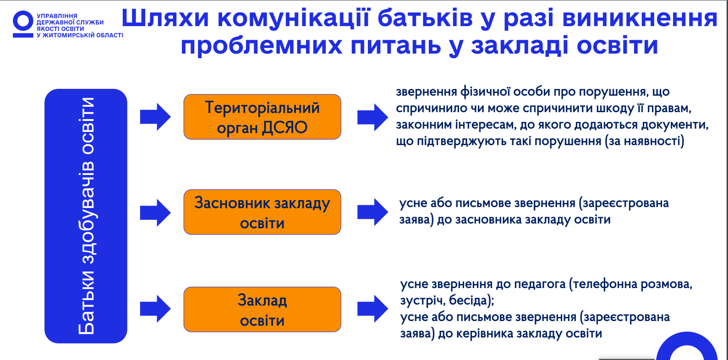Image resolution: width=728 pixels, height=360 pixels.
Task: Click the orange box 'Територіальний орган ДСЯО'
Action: click(x=262, y=117)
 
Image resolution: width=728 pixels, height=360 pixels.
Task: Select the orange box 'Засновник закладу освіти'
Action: click(x=262, y=212)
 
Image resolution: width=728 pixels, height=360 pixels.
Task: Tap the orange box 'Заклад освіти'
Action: click(x=262, y=309)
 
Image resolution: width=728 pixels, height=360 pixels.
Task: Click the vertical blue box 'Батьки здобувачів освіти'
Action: click(x=86, y=216)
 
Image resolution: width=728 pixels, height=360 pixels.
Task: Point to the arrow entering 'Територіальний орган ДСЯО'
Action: click(x=155, y=117)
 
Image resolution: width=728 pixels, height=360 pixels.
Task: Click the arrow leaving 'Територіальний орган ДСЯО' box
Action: click(x=372, y=117)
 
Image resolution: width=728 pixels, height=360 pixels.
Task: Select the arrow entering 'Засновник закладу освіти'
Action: click(x=155, y=213)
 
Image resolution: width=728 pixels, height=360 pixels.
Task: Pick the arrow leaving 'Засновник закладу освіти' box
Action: click(x=372, y=212)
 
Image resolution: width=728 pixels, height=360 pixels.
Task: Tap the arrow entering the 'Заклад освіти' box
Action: click(x=155, y=309)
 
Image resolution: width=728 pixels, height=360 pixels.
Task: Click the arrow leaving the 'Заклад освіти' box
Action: click(x=372, y=309)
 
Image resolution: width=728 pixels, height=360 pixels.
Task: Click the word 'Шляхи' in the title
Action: click(x=165, y=18)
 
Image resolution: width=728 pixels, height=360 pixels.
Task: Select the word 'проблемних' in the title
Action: click(x=261, y=46)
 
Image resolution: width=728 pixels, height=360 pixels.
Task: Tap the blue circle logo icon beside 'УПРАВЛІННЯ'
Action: click(x=22, y=24)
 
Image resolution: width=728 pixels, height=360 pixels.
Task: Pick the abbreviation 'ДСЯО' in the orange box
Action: click(x=285, y=128)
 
